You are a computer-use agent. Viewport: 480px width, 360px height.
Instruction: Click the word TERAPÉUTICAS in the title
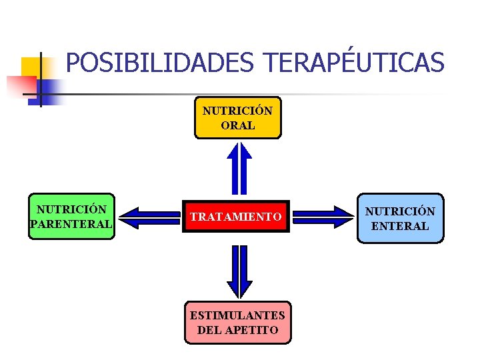tap(353, 63)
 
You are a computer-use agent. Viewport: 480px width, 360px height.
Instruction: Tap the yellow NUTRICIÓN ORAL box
tap(237, 118)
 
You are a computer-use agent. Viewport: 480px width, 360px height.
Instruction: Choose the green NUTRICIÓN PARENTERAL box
tap(71, 217)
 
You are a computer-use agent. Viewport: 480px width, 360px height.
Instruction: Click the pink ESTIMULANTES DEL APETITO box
tap(237, 322)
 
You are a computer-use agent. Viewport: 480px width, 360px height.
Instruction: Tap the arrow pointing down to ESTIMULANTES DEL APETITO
tap(237, 270)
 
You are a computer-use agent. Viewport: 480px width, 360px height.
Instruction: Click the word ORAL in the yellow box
tap(237, 125)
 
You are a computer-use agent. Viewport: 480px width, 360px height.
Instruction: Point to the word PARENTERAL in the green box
tap(71, 224)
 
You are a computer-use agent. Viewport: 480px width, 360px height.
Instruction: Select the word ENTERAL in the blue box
tap(400, 226)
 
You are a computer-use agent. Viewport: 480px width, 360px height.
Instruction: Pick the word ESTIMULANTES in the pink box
tap(237, 315)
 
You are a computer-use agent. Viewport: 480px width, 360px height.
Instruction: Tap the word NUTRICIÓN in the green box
tap(71, 209)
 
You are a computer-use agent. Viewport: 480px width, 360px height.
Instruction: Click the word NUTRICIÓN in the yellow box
tap(237, 111)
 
